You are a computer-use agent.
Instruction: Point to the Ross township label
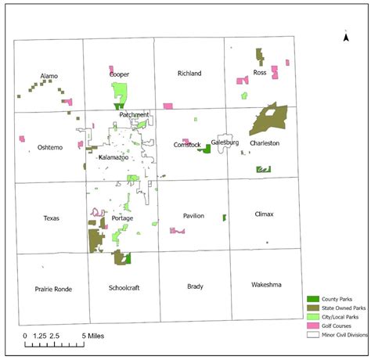(x=261, y=73)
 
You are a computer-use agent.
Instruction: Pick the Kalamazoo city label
(x=116, y=157)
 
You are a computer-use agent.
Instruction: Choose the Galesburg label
(x=225, y=142)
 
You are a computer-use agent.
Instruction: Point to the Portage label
(x=123, y=218)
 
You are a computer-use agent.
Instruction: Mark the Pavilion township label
(x=193, y=215)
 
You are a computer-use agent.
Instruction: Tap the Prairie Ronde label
(x=53, y=289)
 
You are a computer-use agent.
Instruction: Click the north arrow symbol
(x=345, y=35)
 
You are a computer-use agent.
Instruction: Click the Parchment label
(x=134, y=115)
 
